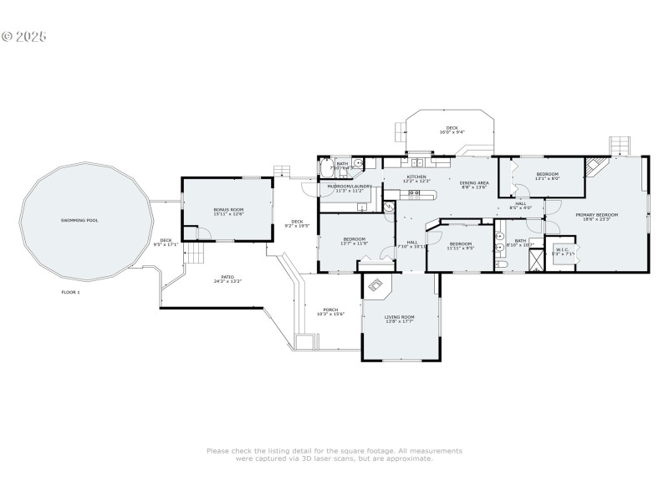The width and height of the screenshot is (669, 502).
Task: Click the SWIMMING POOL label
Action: click(86, 220)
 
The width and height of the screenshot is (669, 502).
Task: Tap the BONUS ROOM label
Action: click(228, 210)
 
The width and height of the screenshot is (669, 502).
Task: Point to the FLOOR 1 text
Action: click(70, 292)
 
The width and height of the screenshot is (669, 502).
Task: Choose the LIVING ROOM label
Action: click(399, 317)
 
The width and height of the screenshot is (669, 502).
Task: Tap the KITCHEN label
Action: click(416, 177)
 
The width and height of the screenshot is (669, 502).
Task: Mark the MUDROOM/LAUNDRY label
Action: click(349, 186)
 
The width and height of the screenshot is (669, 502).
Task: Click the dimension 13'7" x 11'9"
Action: click(354, 244)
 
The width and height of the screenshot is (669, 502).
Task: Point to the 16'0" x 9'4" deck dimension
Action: click(452, 132)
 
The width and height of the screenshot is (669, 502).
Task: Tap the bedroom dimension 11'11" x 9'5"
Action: click(460, 248)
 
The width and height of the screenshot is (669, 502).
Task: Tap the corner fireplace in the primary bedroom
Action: click(595, 166)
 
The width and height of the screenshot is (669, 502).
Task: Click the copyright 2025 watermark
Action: click(24, 37)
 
